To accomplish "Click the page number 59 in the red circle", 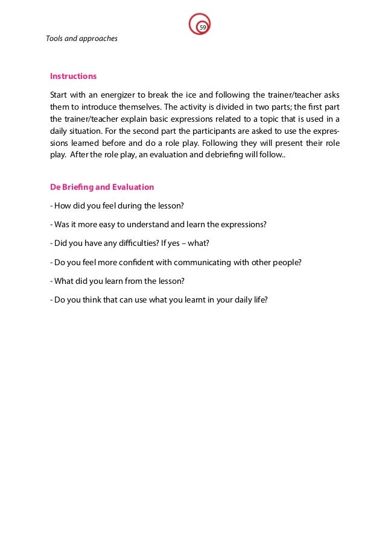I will pyautogui.click(x=203, y=27).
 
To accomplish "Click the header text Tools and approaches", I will pyautogui.click(x=81, y=39).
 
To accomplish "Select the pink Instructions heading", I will pyautogui.click(x=73, y=77).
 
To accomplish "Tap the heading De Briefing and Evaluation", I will pyautogui.click(x=102, y=187).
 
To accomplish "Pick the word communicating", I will pyautogui.click(x=208, y=262).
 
